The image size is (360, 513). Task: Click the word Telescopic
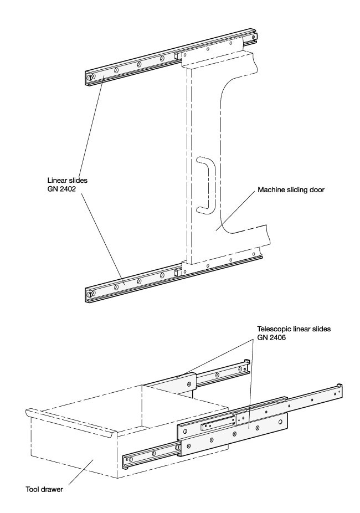(274, 328)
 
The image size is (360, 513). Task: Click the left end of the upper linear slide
(90, 78)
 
